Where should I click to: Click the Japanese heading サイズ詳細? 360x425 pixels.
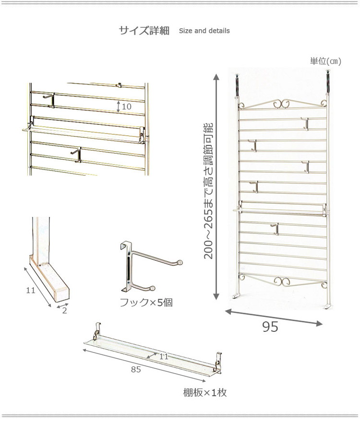(x=144, y=30)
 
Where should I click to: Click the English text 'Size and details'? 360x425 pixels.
(x=204, y=31)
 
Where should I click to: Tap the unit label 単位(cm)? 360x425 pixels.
(x=325, y=61)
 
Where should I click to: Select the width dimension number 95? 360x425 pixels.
(x=270, y=327)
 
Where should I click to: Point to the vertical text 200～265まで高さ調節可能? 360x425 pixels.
(x=209, y=191)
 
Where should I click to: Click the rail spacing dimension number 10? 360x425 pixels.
(x=127, y=107)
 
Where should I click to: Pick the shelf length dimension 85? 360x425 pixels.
(x=136, y=369)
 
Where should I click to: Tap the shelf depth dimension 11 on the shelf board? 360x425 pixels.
(x=164, y=356)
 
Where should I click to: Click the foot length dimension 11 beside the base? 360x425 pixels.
(x=31, y=290)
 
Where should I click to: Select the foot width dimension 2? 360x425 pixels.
(x=64, y=310)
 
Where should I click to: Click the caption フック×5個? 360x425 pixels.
(x=146, y=302)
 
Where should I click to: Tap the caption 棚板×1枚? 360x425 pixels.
(x=205, y=392)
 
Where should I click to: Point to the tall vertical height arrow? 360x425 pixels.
(x=216, y=187)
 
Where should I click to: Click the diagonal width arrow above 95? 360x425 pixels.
(x=274, y=317)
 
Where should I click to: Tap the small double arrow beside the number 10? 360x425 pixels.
(x=119, y=107)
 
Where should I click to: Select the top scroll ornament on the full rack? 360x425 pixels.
(x=282, y=104)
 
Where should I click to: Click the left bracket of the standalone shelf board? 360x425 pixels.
(x=96, y=332)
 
